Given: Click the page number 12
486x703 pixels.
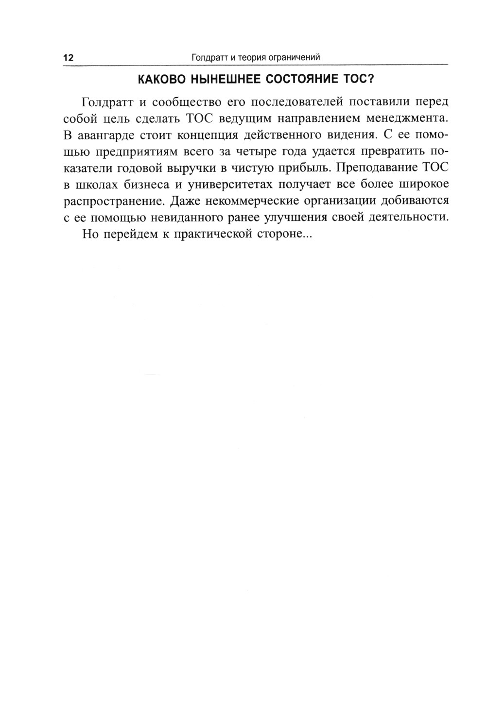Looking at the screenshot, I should point(68,58).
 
